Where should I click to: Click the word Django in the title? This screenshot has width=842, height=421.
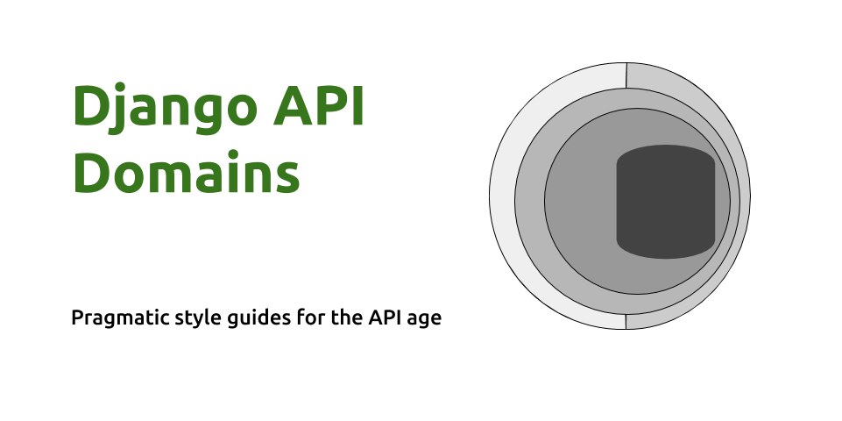(x=165, y=109)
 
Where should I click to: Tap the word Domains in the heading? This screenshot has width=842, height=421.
(x=187, y=171)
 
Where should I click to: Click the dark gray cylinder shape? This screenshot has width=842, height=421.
(x=665, y=202)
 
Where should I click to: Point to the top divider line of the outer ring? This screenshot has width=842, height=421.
(x=626, y=75)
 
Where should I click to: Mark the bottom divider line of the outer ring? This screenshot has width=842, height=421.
(x=626, y=322)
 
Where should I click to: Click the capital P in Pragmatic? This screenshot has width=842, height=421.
(x=77, y=318)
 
